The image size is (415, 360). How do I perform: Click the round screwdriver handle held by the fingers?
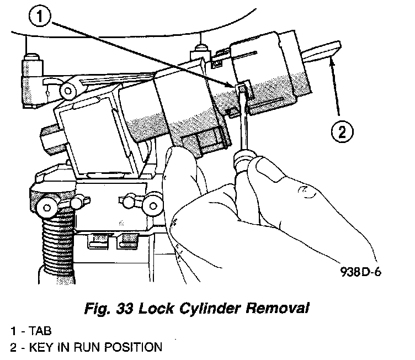[242, 162]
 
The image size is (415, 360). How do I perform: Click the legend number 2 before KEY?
[13, 347]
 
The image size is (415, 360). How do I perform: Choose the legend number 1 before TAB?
[13, 331]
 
